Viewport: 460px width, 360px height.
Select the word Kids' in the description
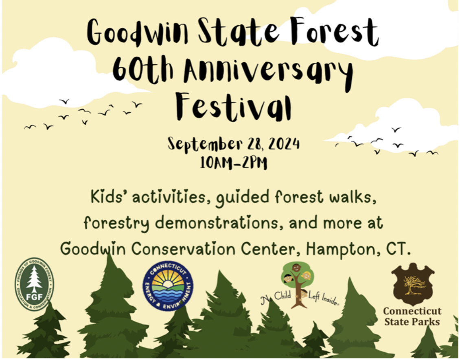(x=107, y=197)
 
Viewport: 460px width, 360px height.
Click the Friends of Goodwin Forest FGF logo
(x=34, y=284)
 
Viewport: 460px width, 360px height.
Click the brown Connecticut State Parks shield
(x=412, y=283)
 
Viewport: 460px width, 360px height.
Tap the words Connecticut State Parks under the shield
(x=412, y=316)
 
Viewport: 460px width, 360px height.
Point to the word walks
(x=350, y=197)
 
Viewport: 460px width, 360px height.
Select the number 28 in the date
(x=256, y=144)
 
